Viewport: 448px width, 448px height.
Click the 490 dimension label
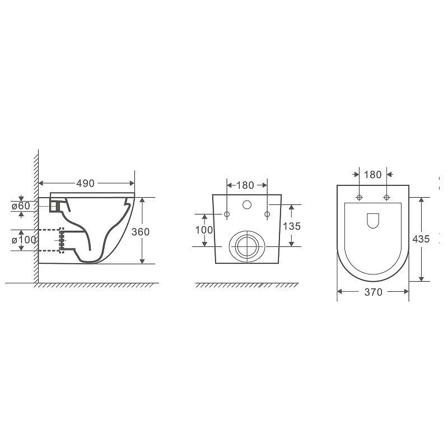pos(86,184)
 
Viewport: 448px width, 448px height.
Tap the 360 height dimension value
pos(141,232)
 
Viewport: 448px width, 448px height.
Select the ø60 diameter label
pos(21,206)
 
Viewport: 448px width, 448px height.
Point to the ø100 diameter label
pos(24,240)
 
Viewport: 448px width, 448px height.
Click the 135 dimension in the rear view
pos(292,226)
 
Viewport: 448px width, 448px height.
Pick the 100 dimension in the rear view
pos(204,230)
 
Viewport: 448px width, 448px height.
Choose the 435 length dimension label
pos(421,239)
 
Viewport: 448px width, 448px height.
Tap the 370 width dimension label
pos(374,292)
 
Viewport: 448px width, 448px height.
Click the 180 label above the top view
pos(373,175)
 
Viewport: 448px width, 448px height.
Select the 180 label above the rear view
pos(245,185)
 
